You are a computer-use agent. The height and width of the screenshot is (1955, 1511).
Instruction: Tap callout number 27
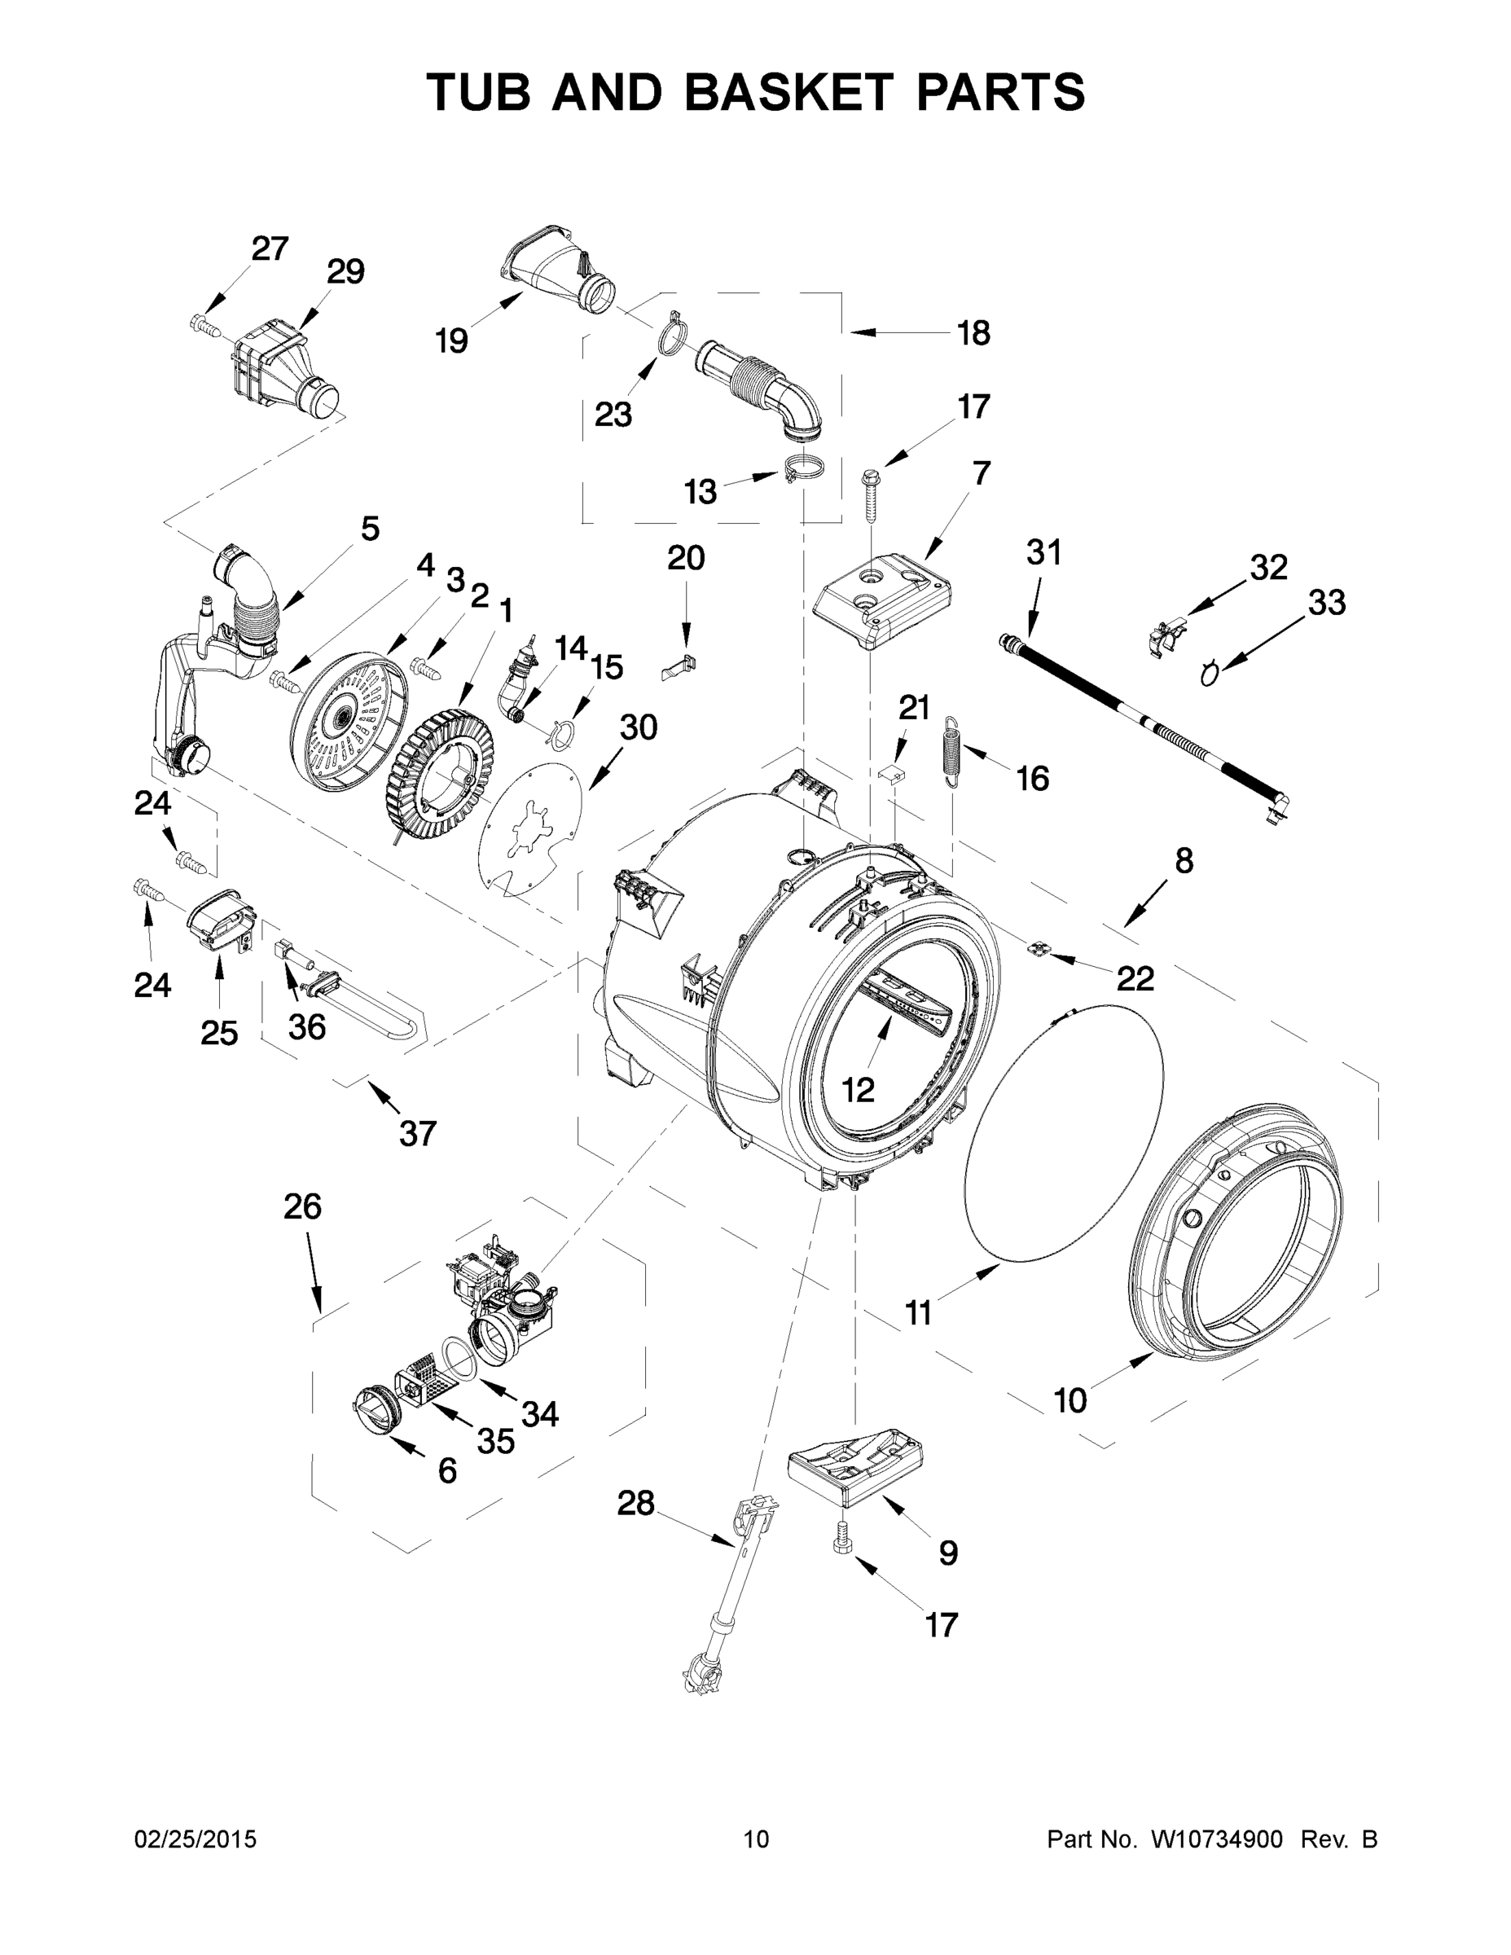point(270,248)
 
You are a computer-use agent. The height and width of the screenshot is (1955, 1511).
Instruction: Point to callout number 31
point(1043,552)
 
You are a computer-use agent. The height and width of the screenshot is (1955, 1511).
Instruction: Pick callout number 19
point(451,340)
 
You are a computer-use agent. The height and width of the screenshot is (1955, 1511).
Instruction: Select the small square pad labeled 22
point(1039,948)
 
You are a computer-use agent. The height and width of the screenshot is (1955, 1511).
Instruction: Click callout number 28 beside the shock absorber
point(635,1503)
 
